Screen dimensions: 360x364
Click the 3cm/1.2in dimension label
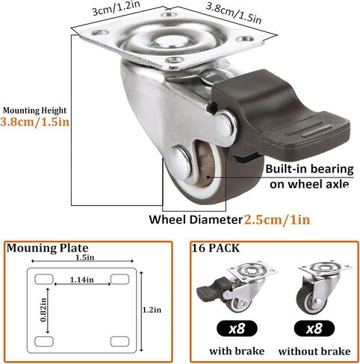tap(116, 9)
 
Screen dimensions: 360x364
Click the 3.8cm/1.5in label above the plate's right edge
tap(234, 13)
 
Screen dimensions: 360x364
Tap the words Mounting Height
tap(34, 110)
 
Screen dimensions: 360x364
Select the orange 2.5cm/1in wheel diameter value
tap(277, 220)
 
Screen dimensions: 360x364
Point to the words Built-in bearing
tap(309, 169)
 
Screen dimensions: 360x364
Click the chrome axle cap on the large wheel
tap(178, 163)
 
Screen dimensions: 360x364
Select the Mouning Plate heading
tap(47, 248)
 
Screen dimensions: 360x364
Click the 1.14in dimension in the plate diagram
tap(82, 280)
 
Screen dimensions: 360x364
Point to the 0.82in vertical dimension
tap(43, 310)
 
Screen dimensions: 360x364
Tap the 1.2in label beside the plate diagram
tap(152, 310)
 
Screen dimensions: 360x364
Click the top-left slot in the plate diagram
tap(44, 279)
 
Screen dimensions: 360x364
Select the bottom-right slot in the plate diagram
tap(120, 342)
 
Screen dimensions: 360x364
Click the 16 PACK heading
tap(215, 248)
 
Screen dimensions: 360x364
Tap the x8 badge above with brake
tap(237, 328)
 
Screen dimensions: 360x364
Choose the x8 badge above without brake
tap(314, 328)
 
